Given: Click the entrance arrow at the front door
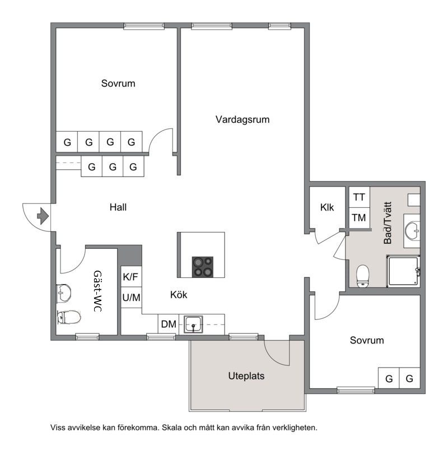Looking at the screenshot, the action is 43,216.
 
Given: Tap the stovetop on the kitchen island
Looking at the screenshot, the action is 203,267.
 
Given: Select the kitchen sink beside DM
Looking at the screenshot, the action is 193,324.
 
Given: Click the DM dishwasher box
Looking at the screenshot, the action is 169,324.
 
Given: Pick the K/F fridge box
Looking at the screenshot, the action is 131,277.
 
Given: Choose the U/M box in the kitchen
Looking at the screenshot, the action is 131,298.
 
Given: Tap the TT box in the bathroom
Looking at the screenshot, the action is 359,197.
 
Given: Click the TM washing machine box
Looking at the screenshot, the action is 359,217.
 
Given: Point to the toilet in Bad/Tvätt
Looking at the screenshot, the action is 362,276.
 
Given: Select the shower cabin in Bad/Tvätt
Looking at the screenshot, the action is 403,271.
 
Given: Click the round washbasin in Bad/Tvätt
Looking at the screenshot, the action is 412,231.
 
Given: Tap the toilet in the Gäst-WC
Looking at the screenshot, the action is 69,317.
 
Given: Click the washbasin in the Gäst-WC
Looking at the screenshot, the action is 64,293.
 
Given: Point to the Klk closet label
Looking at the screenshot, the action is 327,207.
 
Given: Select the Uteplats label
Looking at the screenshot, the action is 246,376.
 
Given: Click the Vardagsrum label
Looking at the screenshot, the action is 242,119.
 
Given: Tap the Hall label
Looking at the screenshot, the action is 118,207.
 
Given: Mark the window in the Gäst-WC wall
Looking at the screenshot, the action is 87,337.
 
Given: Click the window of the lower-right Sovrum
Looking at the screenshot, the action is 356,391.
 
